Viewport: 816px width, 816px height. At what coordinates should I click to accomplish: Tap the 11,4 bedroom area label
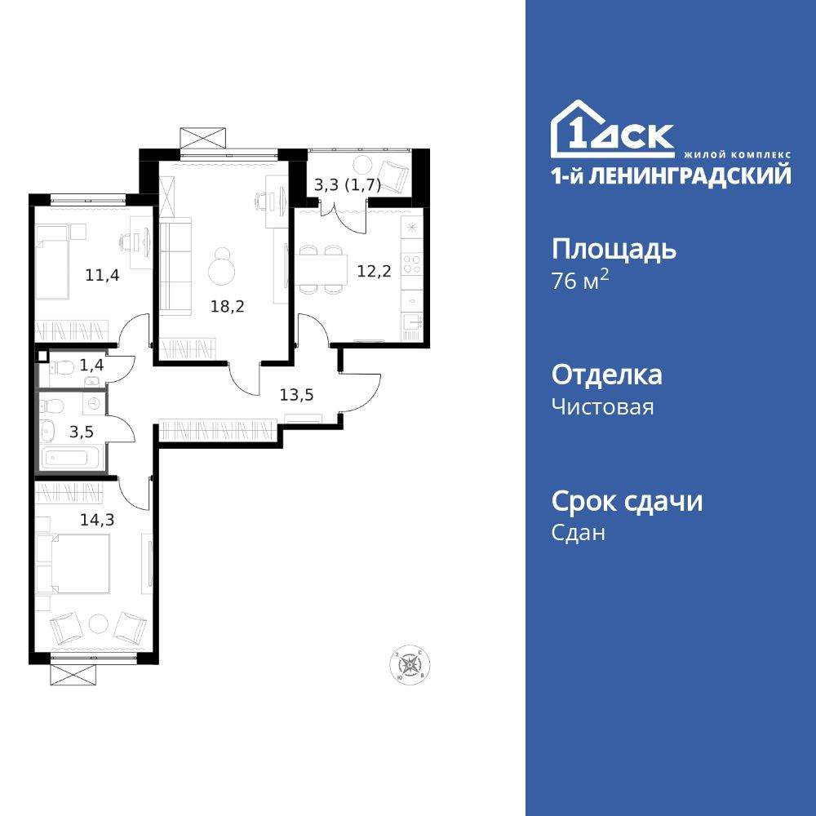[x=103, y=274]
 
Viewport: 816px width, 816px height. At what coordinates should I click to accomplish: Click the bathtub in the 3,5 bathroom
[x=72, y=459]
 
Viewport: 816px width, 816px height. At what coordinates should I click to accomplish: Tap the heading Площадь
[x=614, y=249]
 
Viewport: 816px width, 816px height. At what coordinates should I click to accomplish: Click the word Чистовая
[x=602, y=407]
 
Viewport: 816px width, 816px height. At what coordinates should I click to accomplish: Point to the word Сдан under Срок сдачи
[x=579, y=534]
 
